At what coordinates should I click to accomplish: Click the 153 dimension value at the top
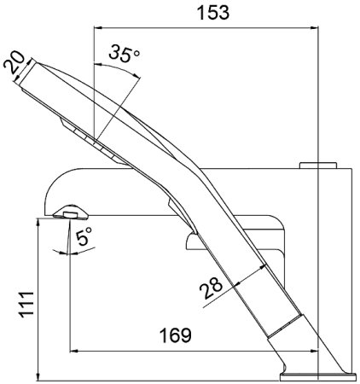(206, 13)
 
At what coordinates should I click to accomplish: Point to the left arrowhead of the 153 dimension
(95, 26)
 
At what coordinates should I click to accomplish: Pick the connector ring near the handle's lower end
(286, 329)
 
